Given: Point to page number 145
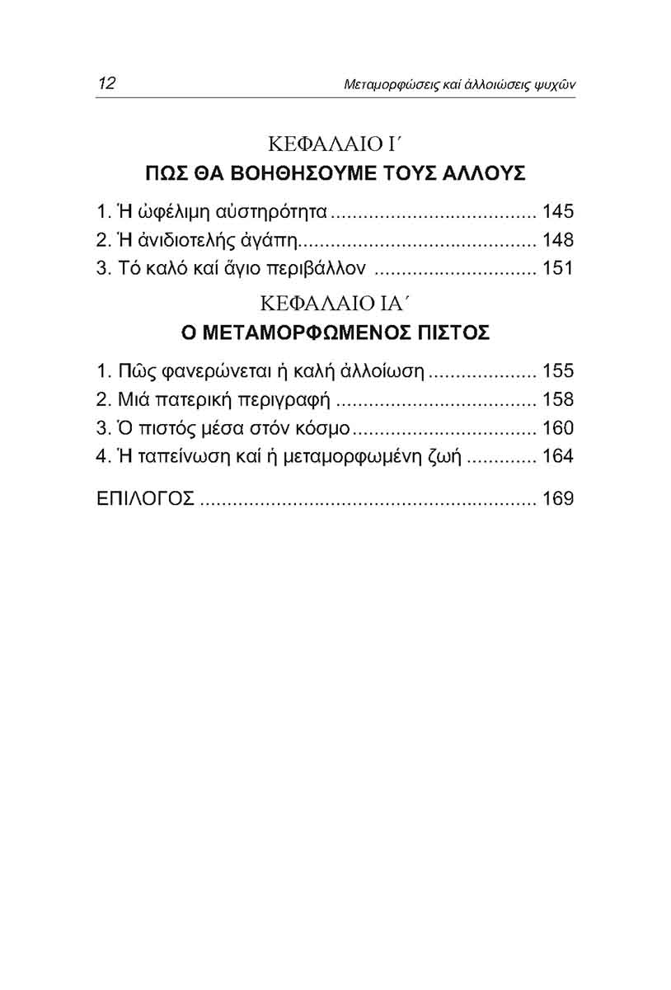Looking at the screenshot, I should pos(557,212).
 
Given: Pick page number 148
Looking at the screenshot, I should pos(557,241).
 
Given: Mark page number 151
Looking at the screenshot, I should pos(557,269).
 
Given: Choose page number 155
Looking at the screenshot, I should pos(557,371).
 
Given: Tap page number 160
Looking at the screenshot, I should pos(557,428).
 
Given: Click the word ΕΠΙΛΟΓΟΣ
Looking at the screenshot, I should pos(145,499).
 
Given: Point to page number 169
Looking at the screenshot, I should pos(557,499).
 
